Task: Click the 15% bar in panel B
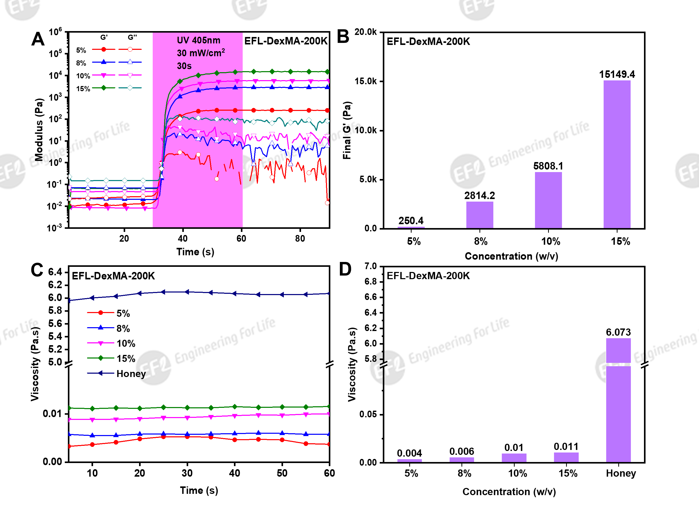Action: [617, 154]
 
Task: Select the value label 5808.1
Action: [548, 166]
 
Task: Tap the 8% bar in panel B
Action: [479, 215]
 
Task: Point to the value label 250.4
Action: [411, 221]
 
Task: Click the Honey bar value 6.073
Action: [618, 332]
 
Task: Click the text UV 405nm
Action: [198, 40]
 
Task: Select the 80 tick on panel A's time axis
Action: [300, 239]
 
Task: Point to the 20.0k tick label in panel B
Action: [366, 32]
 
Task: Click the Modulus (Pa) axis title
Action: [39, 129]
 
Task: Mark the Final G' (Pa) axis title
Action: [347, 130]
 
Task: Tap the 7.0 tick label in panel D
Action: [370, 266]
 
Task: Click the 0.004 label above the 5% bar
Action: [409, 453]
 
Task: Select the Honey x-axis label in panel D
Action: [621, 473]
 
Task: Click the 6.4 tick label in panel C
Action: [55, 272]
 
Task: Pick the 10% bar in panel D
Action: [514, 458]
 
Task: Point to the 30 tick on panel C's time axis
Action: [187, 473]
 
